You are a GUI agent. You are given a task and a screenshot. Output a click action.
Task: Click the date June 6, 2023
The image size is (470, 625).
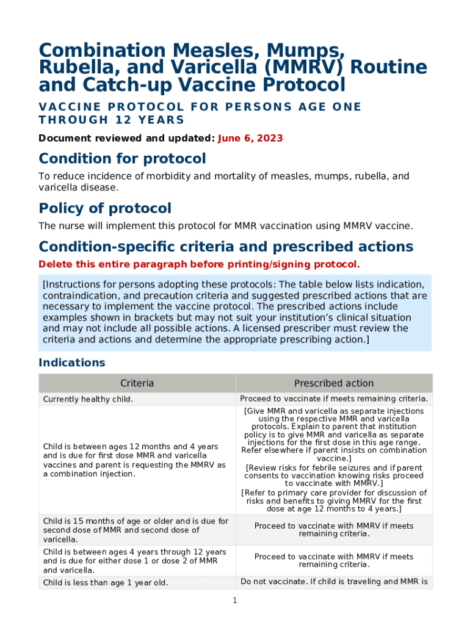click(250, 138)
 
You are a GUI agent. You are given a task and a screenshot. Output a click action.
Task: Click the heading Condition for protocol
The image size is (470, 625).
click(122, 159)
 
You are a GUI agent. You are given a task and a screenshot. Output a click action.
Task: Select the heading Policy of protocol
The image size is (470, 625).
click(105, 208)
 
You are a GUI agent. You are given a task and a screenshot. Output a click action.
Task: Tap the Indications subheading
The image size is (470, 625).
click(71, 363)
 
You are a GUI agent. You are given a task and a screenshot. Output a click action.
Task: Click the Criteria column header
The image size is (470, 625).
click(137, 383)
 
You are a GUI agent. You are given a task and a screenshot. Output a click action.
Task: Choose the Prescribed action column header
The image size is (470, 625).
click(333, 383)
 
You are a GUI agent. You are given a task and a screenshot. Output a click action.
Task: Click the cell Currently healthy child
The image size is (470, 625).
click(88, 399)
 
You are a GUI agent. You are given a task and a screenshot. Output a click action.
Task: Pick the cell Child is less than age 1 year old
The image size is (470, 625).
click(105, 583)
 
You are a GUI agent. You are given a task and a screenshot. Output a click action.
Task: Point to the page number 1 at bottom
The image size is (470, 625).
click(234, 601)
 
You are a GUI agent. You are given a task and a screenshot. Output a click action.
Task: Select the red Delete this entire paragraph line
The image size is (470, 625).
click(199, 264)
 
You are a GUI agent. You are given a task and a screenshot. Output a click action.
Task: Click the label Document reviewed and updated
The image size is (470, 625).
click(126, 138)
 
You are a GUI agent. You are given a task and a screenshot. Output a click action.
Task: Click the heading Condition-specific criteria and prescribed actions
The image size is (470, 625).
click(226, 247)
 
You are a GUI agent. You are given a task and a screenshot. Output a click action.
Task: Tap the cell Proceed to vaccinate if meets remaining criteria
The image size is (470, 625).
click(334, 399)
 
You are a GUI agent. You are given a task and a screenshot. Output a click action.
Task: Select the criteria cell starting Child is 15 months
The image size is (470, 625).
click(136, 530)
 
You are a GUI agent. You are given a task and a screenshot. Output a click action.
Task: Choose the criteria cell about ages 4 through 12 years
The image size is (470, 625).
click(134, 561)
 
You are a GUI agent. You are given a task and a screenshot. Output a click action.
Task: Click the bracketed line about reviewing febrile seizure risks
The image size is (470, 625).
click(334, 476)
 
